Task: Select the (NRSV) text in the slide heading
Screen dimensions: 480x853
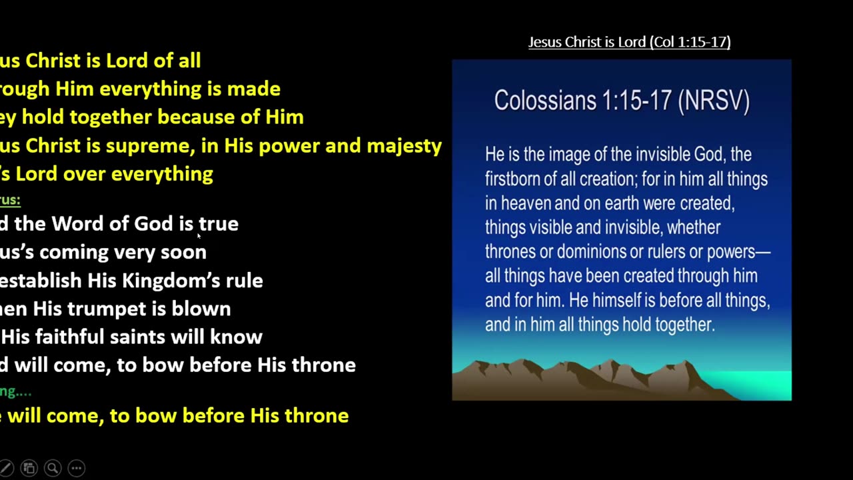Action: tap(714, 101)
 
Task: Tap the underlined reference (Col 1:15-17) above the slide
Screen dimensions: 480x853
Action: tap(691, 42)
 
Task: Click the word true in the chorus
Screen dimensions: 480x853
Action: tap(218, 224)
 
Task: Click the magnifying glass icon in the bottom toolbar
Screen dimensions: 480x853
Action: tap(53, 468)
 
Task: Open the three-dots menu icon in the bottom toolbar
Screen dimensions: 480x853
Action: tap(76, 468)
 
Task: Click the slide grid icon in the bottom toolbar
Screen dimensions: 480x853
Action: tap(29, 468)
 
